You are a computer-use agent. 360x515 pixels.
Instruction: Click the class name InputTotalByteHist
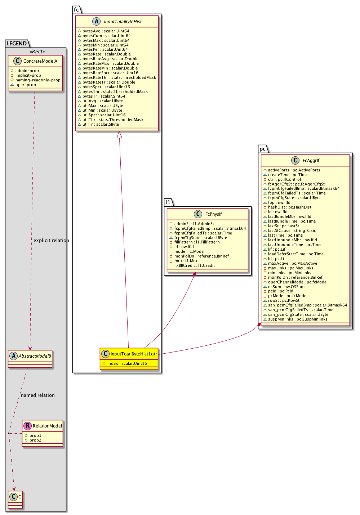pos(123,22)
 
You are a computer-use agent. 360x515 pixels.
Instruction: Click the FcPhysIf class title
pos(213,214)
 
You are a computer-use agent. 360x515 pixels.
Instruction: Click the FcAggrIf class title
pos(311,161)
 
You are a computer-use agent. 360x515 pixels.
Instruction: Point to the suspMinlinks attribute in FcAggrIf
pos(297,319)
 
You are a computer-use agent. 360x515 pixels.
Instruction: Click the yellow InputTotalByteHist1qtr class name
pos(134,354)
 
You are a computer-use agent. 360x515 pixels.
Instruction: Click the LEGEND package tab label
pos(17,44)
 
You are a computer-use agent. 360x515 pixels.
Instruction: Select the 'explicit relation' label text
pos(51,240)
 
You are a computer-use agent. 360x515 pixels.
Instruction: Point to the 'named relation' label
pos(38,395)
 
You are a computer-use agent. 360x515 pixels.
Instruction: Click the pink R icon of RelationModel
pos(27,426)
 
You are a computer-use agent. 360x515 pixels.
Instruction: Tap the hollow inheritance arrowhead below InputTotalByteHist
pos(120,135)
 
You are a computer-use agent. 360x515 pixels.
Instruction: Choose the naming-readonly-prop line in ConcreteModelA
pos(38,80)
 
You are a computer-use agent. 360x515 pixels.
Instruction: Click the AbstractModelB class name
pos(35,356)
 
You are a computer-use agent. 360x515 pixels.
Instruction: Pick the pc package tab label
pos(262,149)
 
